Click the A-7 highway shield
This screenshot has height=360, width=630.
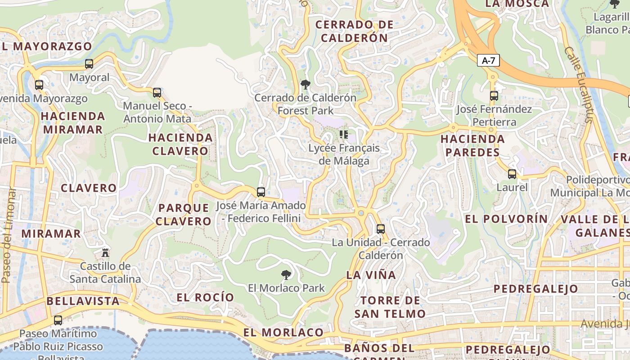(x=489, y=61)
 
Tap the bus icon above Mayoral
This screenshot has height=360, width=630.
(x=89, y=64)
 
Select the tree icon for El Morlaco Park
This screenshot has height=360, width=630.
(x=286, y=274)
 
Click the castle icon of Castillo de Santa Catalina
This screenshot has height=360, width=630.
(x=105, y=252)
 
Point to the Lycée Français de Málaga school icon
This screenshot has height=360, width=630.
(x=344, y=134)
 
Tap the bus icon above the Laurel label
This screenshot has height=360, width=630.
(x=512, y=174)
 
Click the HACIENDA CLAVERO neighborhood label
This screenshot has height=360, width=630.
(x=180, y=144)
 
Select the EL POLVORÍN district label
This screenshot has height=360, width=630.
(x=506, y=219)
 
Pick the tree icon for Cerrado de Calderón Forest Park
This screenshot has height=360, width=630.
(x=306, y=84)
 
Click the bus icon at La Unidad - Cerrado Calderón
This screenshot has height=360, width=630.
(x=381, y=229)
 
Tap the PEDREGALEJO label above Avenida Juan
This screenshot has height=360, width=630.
(x=535, y=289)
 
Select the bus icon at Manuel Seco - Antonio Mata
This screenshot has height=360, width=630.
(x=157, y=93)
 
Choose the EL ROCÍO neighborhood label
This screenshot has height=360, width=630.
(x=205, y=297)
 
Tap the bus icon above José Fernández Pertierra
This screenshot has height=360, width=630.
(x=494, y=96)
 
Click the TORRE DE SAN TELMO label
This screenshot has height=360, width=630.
(x=390, y=307)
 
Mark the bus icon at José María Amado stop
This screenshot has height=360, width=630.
(x=261, y=192)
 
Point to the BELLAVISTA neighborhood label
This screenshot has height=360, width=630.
(x=83, y=301)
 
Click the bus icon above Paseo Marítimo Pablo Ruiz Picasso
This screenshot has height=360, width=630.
(x=58, y=320)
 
